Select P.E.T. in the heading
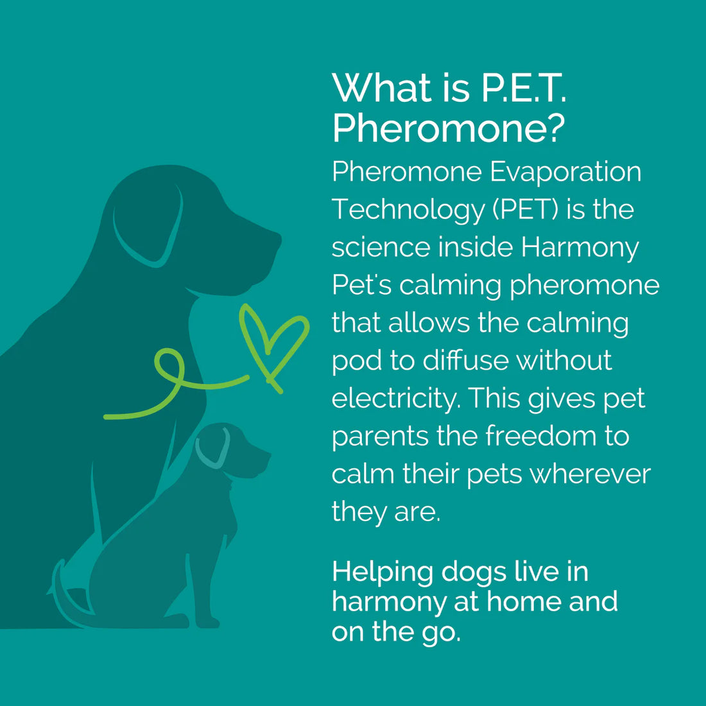pyautogui.click(x=523, y=88)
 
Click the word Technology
pyautogui.click(x=408, y=211)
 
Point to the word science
pyautogui.click(x=381, y=248)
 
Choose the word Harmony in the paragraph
pyautogui.click(x=580, y=248)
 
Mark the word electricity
pyautogui.click(x=395, y=399)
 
